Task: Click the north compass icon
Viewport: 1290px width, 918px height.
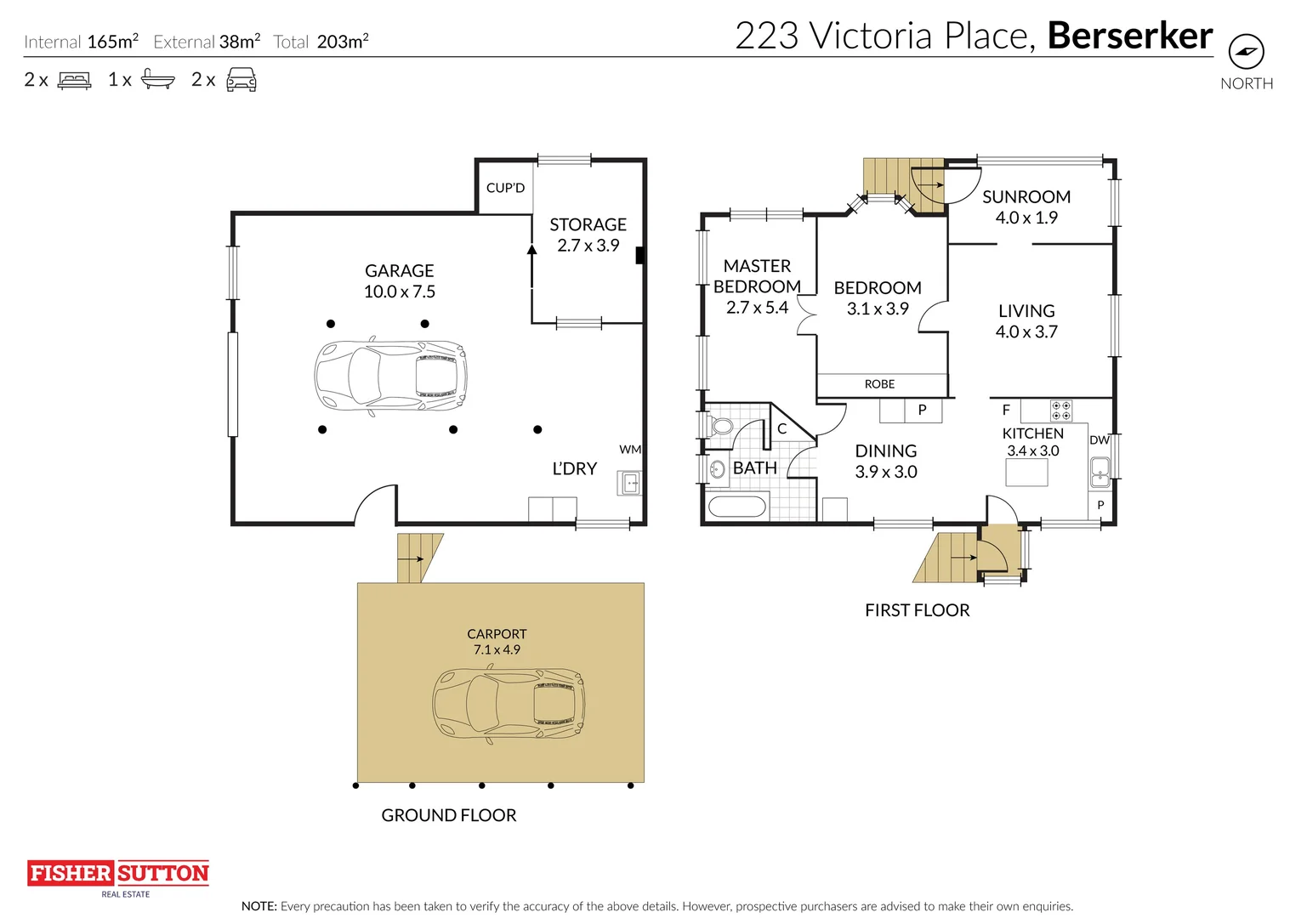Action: tap(1247, 51)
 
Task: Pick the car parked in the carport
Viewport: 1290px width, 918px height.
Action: tap(509, 704)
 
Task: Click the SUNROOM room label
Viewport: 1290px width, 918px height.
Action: tap(1026, 197)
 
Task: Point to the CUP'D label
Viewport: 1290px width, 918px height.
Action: tap(505, 188)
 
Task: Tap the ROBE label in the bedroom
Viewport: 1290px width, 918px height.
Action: tap(879, 384)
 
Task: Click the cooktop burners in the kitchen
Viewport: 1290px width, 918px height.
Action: tap(1061, 411)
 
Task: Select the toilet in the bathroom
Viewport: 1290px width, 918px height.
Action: tap(719, 427)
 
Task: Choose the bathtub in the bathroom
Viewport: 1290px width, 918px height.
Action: tap(736, 507)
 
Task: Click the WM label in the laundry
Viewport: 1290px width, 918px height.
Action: tap(630, 450)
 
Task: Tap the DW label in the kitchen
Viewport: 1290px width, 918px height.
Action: tap(1100, 439)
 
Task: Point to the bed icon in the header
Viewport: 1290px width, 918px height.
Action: tap(74, 80)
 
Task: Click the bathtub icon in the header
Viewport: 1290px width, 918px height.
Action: tap(158, 79)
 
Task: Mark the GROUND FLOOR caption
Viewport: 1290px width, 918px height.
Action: tap(449, 815)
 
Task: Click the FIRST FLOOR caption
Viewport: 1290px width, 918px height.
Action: tap(917, 610)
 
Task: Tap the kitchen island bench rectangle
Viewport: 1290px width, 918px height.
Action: tap(1026, 473)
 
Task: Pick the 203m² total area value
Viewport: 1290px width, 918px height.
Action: tap(342, 41)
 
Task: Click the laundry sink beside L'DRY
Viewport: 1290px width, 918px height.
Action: tap(630, 482)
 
